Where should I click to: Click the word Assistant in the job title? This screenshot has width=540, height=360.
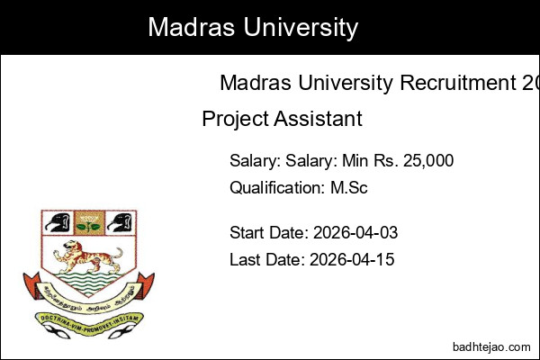point(318,119)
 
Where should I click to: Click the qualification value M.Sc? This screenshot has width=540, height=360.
point(349,188)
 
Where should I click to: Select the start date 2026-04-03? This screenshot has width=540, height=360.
point(355,233)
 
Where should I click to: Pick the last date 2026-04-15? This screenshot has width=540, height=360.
point(352,259)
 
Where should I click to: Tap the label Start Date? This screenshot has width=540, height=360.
point(269,233)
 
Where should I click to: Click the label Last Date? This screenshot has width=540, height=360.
point(267,259)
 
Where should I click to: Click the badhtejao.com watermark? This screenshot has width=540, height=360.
point(489,345)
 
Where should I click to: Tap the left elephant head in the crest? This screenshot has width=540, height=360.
point(55,222)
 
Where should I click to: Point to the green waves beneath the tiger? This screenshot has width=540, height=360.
point(87,280)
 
